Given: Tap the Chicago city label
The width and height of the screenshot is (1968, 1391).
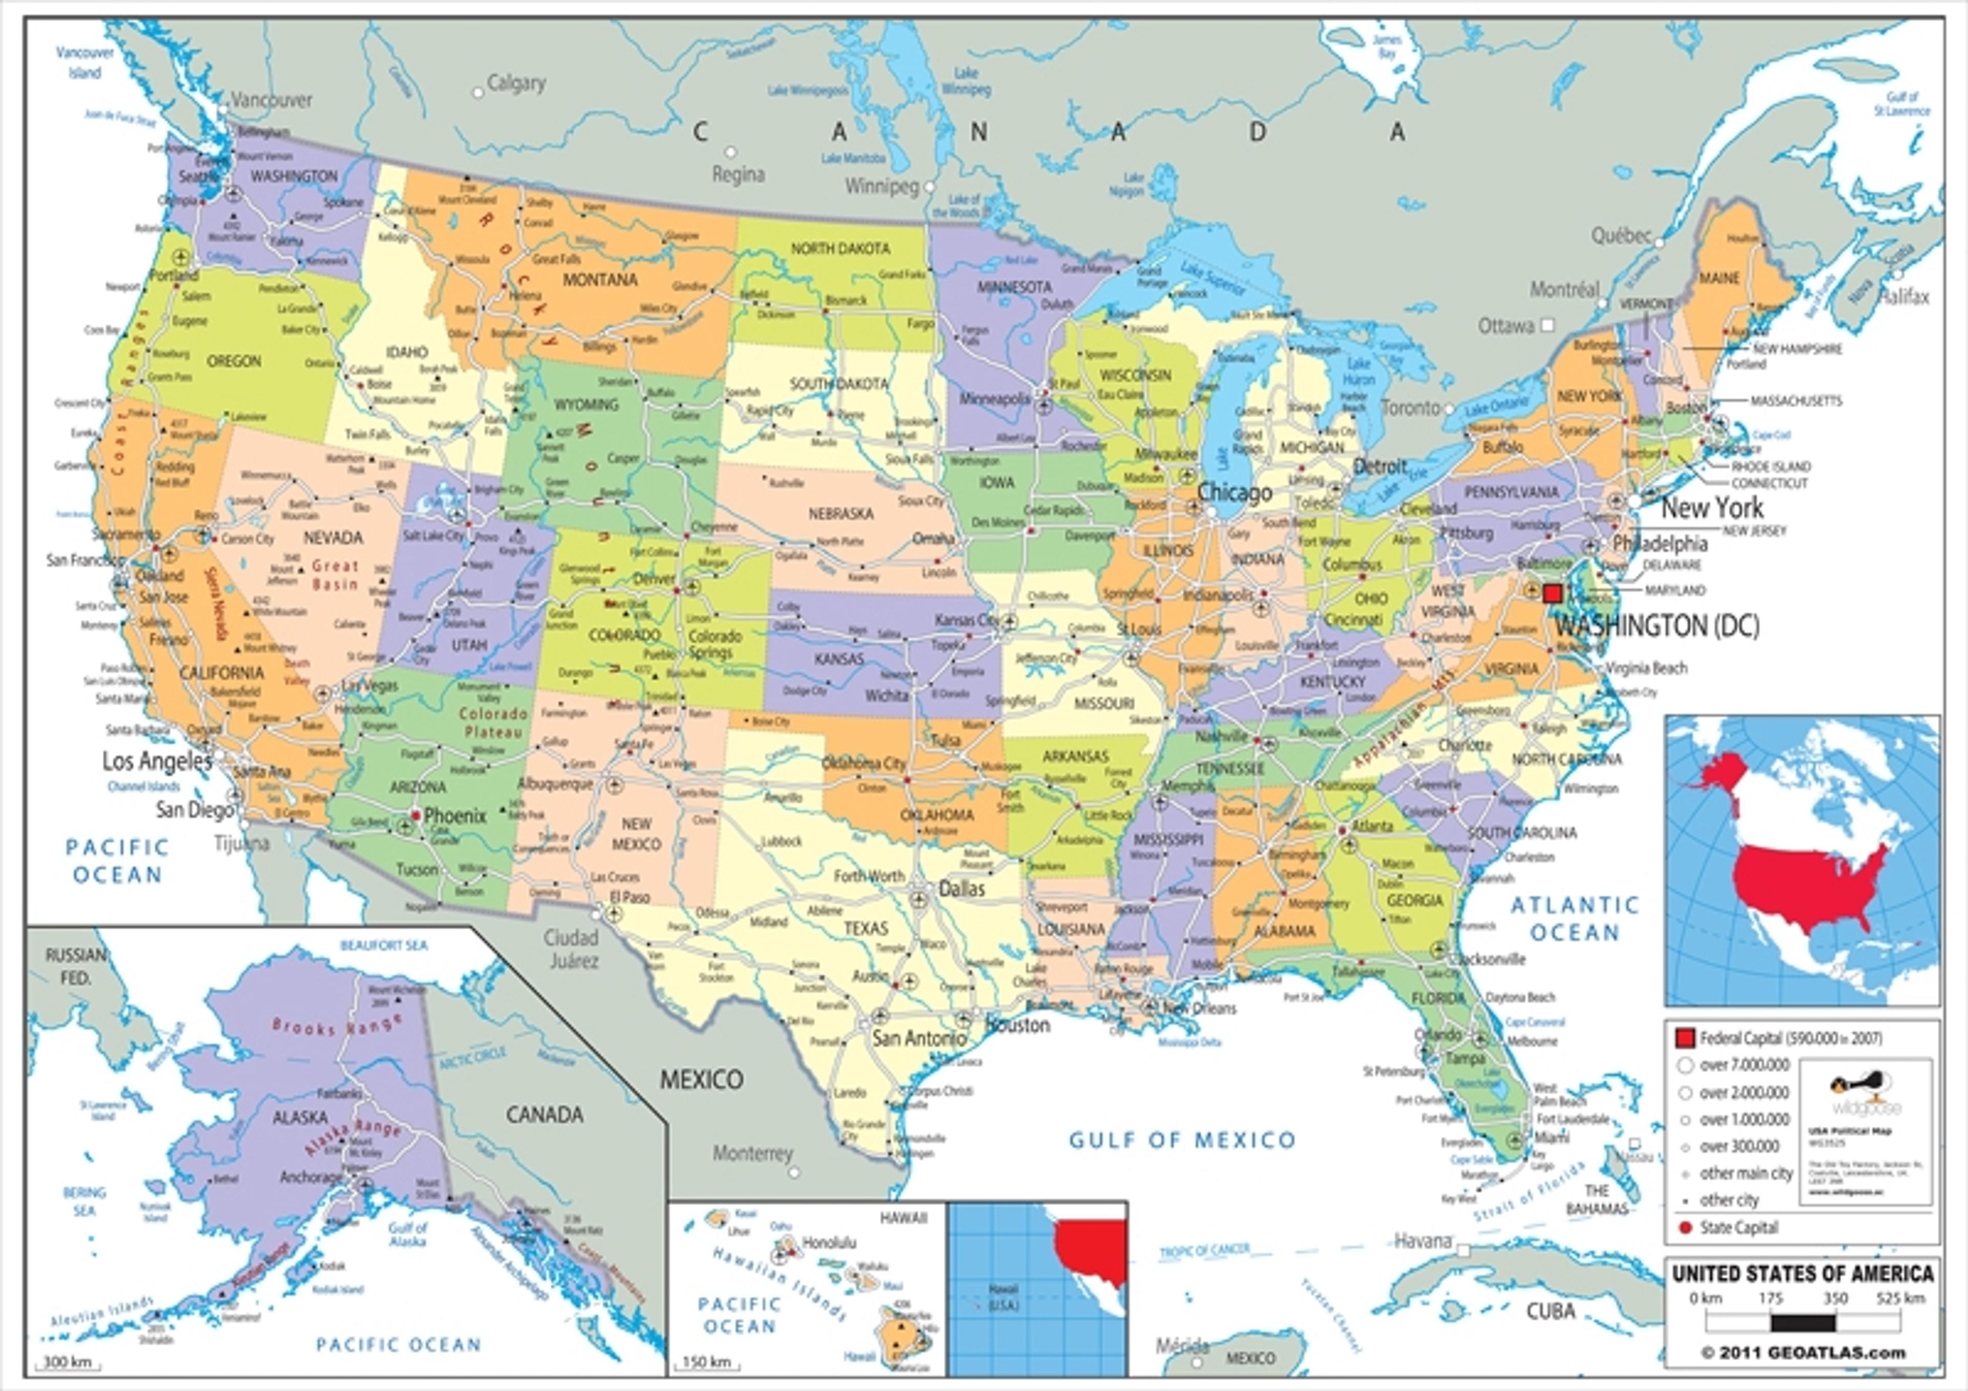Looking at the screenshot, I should coord(1234,493).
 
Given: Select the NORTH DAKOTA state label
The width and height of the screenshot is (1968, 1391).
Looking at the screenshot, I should coord(840,249).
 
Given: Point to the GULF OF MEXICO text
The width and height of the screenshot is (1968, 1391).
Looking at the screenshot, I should coord(1182,1140).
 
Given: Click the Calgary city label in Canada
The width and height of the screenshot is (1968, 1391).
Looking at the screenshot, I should coord(516,83).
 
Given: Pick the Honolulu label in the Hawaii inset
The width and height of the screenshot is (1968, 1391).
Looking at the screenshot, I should coord(829,1242).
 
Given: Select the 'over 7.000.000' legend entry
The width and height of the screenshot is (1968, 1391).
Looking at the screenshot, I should coord(1744,1065).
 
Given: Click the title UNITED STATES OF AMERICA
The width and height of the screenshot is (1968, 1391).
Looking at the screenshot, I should coord(1802,1274).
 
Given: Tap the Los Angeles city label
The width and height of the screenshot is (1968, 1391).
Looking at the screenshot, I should coord(157,761).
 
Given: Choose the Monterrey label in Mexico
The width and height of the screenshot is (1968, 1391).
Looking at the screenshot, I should coord(752,1154).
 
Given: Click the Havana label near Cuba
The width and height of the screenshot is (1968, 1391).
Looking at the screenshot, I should coord(1423,1240).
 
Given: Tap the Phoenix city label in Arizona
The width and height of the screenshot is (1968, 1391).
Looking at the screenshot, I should coord(455,816).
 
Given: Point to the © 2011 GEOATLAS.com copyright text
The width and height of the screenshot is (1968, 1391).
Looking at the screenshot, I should coord(1802,1353).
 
